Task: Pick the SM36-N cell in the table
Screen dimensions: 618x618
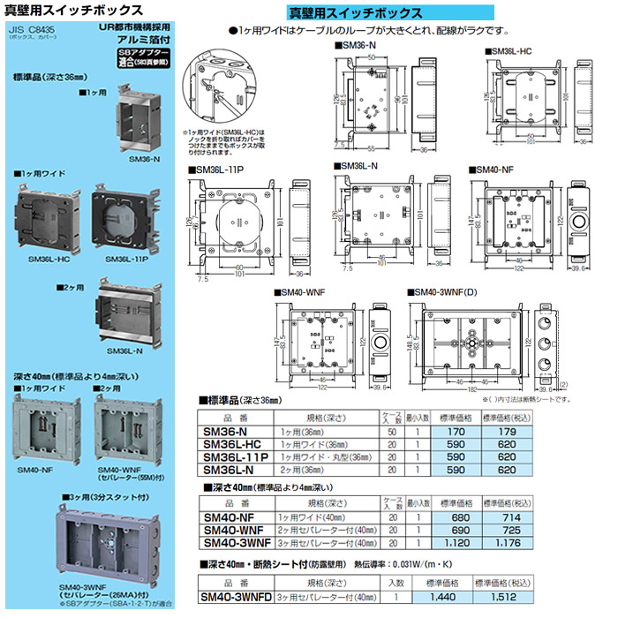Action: pos(230,432)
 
